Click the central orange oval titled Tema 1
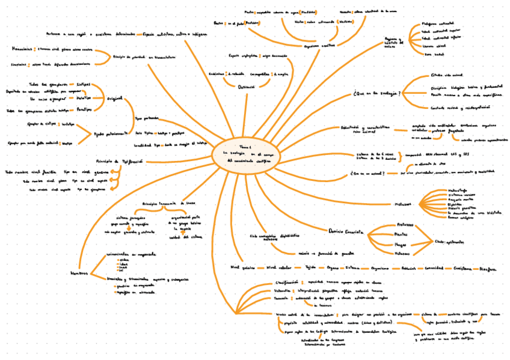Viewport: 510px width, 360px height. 245,153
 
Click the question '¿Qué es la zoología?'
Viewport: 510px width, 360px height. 377,93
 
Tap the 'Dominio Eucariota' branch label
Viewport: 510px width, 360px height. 347,231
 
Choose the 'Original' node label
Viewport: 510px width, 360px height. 114,97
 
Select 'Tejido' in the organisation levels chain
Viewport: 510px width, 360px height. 310,267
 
